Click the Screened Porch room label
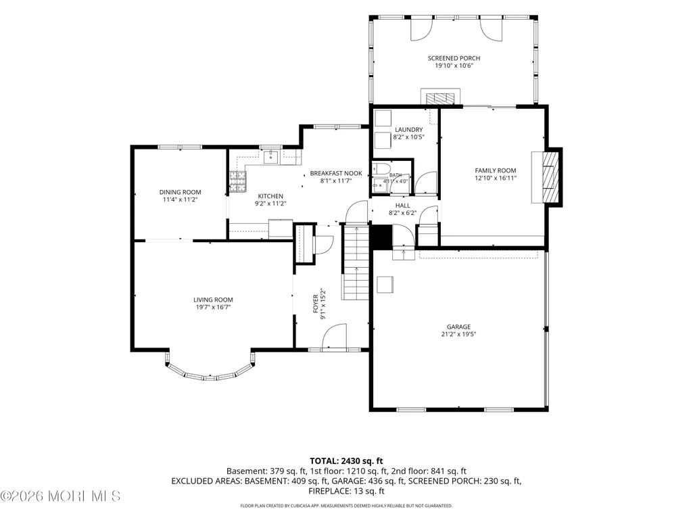(x=454, y=58)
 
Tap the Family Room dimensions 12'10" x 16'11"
(x=496, y=179)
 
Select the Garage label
(x=458, y=327)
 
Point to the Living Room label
(x=213, y=300)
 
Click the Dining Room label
(x=181, y=192)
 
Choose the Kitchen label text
(x=270, y=196)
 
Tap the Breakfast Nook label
(x=336, y=173)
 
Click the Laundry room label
(x=409, y=130)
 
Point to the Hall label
(x=403, y=205)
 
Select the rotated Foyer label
(x=316, y=304)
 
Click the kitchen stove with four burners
(x=238, y=182)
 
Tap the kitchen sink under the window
(x=270, y=156)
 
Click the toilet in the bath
(x=381, y=169)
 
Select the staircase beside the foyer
(x=356, y=263)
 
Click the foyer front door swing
(x=334, y=337)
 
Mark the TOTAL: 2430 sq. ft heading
(x=346, y=461)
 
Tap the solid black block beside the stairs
(x=381, y=237)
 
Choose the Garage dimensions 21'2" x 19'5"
(x=458, y=334)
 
